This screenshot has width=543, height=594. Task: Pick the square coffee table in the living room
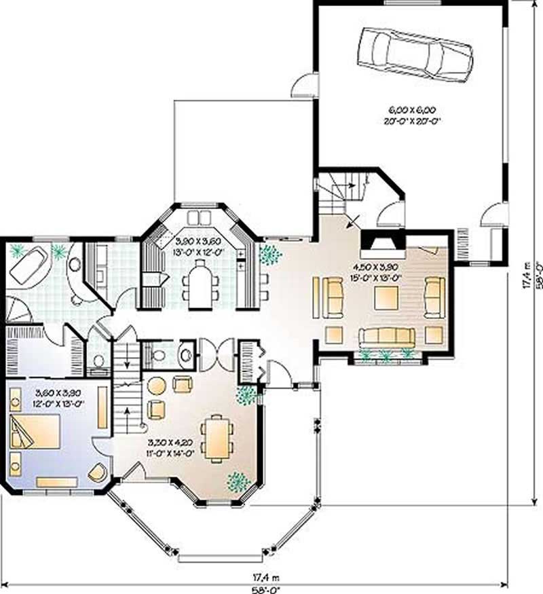pos(385,297)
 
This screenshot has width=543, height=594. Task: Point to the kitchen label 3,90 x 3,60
pos(197,241)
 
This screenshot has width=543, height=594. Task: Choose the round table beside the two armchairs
pos(157,386)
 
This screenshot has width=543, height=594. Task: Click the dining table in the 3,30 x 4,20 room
pos(218,437)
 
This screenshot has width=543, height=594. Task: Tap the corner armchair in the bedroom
pos(99,472)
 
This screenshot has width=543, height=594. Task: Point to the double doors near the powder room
pos(215,352)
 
